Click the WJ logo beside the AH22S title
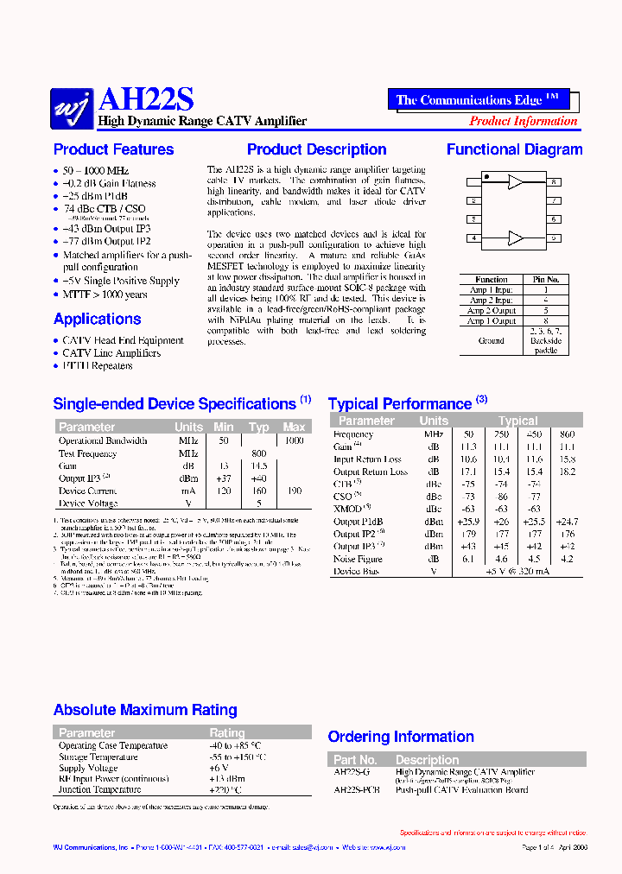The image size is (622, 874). (73, 106)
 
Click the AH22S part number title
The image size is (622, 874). (147, 101)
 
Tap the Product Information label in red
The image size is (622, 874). (523, 122)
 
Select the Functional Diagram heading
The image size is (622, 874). (514, 149)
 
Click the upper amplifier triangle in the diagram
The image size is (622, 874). (516, 182)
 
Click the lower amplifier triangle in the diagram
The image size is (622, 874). (516, 237)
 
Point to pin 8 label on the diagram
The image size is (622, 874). (555, 182)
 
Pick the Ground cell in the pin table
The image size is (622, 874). (491, 340)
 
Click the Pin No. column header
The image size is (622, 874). (545, 280)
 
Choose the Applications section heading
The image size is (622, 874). (97, 319)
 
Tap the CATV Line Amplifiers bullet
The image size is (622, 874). (111, 353)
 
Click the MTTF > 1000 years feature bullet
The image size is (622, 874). (105, 294)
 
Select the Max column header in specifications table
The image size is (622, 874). (294, 427)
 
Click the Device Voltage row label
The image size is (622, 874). (88, 503)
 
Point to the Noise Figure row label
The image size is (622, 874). (359, 559)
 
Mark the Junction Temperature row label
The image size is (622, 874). (99, 789)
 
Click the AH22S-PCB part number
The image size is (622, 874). (357, 790)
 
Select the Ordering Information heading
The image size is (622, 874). (401, 737)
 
